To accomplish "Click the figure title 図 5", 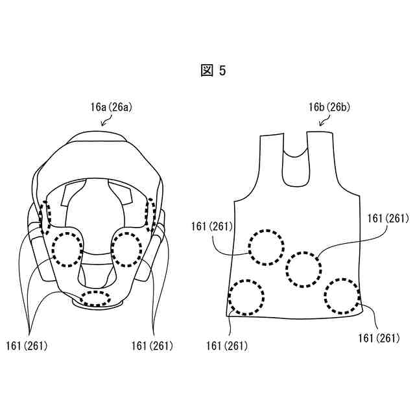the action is (x=213, y=71).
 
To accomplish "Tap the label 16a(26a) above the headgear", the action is (x=111, y=107).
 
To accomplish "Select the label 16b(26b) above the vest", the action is (x=329, y=107).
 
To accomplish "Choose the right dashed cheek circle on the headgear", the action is (x=112, y=249).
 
